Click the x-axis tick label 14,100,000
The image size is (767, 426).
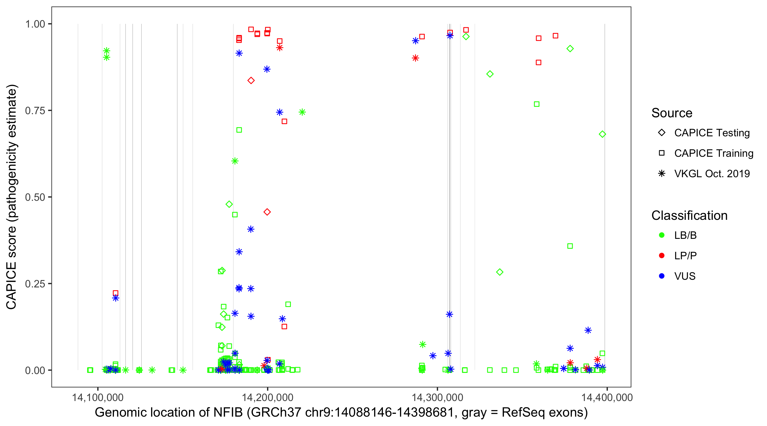click(x=98, y=397)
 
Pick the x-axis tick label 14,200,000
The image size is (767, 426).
click(x=267, y=397)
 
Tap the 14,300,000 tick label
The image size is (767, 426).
click(x=437, y=397)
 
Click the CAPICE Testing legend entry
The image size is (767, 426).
click(x=712, y=133)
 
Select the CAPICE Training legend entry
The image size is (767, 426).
click(x=713, y=153)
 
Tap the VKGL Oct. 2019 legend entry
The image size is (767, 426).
click(x=712, y=174)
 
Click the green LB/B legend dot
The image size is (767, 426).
click(x=662, y=235)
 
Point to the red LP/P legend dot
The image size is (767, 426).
click(x=662, y=256)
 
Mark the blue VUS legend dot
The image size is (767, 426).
click(x=662, y=276)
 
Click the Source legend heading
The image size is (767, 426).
click(x=672, y=113)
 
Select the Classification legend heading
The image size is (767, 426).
click(x=689, y=216)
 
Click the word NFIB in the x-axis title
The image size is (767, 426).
click(x=228, y=413)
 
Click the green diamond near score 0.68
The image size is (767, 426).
click(x=602, y=134)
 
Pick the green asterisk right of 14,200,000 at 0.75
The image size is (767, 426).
click(x=302, y=112)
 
